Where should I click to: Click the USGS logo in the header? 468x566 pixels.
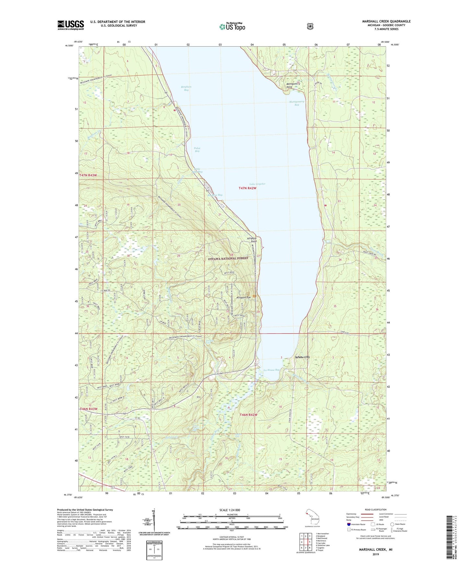[71, 25]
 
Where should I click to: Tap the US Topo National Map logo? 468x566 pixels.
[232, 27]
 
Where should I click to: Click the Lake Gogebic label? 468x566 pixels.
[257, 184]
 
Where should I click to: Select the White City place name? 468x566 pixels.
[302, 357]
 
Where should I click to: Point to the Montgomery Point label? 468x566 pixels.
[294, 85]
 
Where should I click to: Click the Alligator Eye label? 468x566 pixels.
[244, 297]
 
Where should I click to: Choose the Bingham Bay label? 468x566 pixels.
[186, 88]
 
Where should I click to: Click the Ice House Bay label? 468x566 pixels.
[271, 370]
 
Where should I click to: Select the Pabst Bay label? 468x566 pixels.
[197, 150]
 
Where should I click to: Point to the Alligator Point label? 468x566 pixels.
[252, 240]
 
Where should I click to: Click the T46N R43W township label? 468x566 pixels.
[88, 409]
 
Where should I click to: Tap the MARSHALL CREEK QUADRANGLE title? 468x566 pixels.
[386, 21]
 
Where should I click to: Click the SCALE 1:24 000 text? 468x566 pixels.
[230, 510]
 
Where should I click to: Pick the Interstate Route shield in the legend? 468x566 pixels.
[348, 524]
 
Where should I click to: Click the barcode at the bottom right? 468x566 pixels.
[449, 537]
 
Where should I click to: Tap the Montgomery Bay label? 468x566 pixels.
[297, 103]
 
